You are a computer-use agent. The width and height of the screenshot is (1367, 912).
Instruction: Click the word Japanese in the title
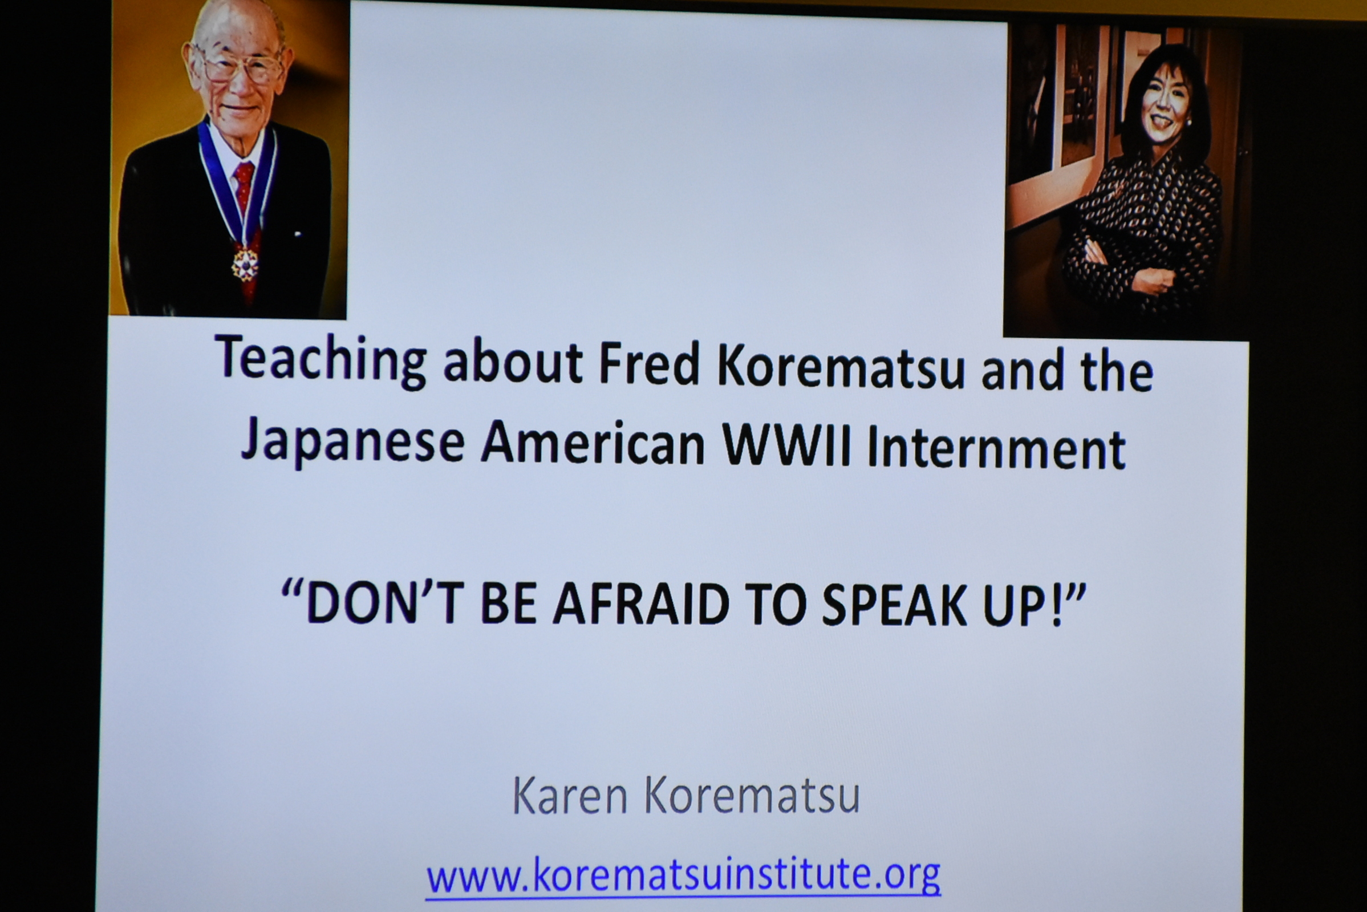[x=352, y=441]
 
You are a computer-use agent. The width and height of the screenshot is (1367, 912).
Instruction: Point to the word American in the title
[x=593, y=443]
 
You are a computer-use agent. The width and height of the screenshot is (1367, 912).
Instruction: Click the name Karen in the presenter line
[x=570, y=796]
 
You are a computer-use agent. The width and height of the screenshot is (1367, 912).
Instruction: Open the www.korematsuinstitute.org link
[x=683, y=875]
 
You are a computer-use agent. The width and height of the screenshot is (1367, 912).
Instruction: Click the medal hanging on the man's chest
[x=245, y=265]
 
